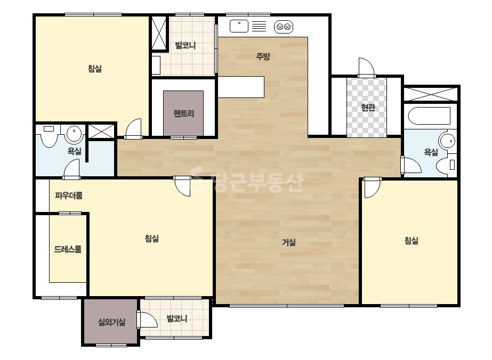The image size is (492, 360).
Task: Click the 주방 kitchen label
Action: tap(263, 56)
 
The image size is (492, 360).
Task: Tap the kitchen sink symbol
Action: tap(239, 26)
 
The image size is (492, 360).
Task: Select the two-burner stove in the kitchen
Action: tap(284, 27)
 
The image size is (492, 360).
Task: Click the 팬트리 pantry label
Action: tap(184, 113)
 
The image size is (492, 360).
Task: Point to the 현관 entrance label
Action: tap(368, 107)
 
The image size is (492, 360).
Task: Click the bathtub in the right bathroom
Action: tap(429, 116)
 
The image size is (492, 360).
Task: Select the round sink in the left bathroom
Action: tap(74, 134)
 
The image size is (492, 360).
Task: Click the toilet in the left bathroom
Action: tap(49, 136)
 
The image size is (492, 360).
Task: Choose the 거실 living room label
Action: tap(289, 242)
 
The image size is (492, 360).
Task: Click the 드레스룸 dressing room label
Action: tap(68, 249)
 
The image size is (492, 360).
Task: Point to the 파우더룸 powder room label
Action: tap(69, 195)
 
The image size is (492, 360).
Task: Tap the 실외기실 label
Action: tap(112, 322)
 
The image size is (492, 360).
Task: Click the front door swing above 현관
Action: tap(367, 67)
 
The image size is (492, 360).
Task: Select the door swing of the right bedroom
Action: tap(372, 187)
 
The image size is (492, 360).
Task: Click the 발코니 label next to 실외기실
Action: tap(177, 319)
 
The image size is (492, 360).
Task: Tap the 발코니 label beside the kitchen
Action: tap(185, 45)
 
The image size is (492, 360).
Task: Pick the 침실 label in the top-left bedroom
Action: tap(95, 69)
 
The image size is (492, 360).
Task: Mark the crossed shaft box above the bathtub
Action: tap(431, 94)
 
